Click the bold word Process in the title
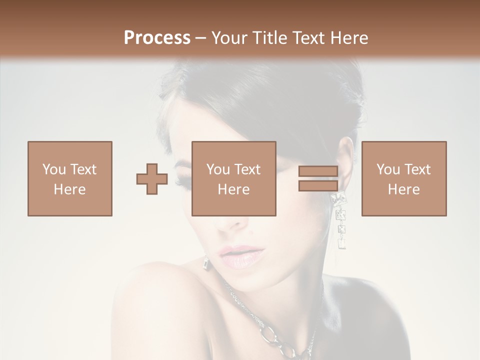point(157,37)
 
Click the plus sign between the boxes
point(152,179)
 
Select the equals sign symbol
point(318,178)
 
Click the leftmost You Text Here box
point(69,178)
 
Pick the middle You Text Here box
point(233,178)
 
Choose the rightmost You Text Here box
point(403,178)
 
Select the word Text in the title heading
point(307,37)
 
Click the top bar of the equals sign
point(318,171)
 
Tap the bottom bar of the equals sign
point(318,185)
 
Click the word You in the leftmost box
point(53,169)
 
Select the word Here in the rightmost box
point(403,189)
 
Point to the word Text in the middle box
point(247,169)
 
